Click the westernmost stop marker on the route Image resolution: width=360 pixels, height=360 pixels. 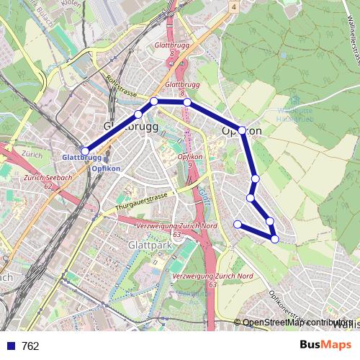[85, 150]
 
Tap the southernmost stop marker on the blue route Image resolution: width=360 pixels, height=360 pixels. [274, 238]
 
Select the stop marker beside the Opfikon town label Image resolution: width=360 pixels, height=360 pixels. [242, 130]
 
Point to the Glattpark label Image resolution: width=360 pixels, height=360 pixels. [146, 246]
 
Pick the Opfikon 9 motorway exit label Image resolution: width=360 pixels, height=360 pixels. [189, 160]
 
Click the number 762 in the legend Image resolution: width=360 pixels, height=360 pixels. [30, 346]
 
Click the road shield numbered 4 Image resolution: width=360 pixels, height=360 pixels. [234, 6]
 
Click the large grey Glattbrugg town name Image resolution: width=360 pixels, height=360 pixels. [127, 126]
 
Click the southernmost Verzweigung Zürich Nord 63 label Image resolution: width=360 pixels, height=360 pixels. [214, 280]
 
